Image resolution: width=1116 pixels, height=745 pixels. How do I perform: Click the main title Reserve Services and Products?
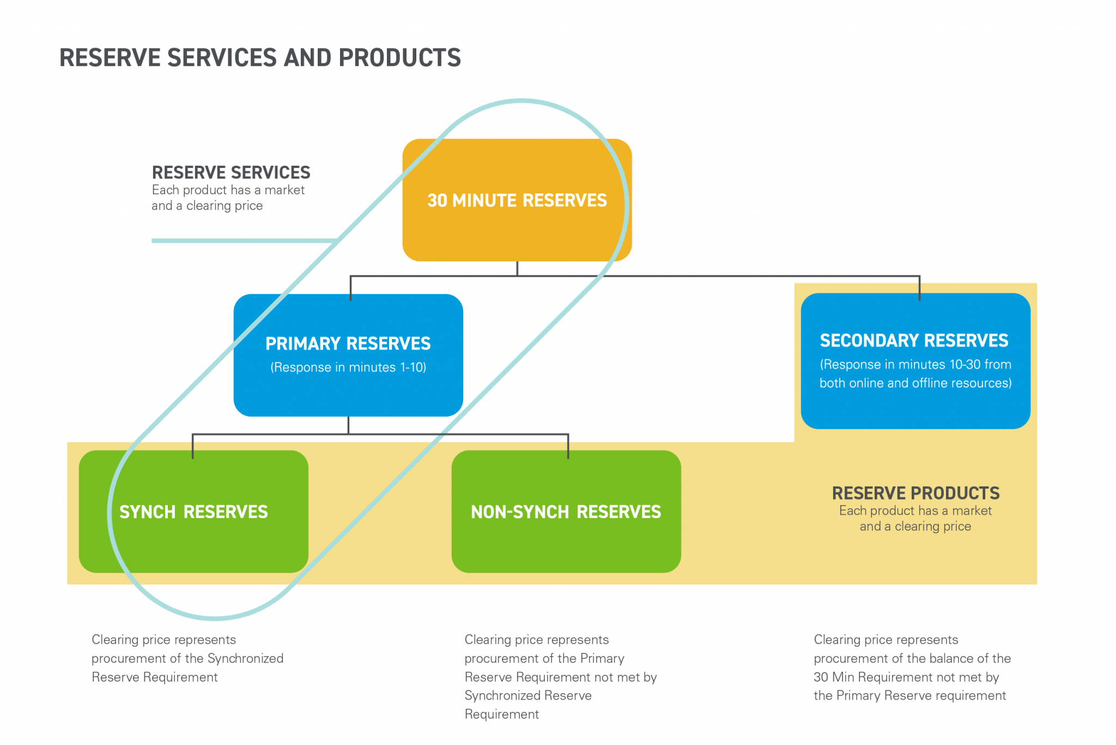pos(260,58)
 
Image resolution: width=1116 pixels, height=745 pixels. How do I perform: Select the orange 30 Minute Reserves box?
pos(517,229)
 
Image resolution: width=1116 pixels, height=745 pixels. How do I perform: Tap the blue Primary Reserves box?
pos(348,393)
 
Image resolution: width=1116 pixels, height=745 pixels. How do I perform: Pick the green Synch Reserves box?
pos(193,540)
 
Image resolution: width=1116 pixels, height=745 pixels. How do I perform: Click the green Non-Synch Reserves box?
pos(566,540)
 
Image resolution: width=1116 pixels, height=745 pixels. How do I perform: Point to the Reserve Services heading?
pos(231,173)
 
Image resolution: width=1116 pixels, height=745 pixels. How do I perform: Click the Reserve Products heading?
pos(915,493)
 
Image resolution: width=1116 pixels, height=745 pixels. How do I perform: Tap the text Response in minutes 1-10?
pos(348,368)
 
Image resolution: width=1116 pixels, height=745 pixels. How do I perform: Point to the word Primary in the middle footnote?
pos(602,658)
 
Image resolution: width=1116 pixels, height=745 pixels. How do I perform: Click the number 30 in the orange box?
pos(437,201)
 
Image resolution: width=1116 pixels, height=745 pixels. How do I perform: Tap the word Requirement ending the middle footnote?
pos(501,714)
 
